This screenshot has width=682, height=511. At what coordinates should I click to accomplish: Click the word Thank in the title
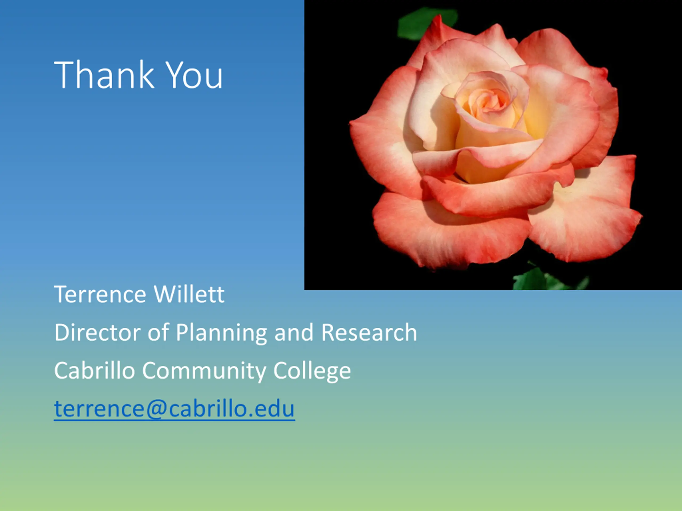point(104,75)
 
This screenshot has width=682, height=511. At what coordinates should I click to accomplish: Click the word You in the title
point(194,75)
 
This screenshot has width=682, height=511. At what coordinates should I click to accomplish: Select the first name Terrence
point(100,294)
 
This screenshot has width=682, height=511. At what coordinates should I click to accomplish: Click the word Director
point(98,332)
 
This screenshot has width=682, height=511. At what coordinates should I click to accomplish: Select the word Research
point(369,332)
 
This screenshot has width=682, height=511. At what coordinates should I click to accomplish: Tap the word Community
point(204,372)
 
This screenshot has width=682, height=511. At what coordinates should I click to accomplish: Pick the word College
point(312,372)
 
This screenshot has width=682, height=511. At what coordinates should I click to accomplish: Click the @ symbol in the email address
point(156,409)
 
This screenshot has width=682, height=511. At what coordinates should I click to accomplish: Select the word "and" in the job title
point(294,332)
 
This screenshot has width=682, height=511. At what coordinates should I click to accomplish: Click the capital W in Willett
point(166,294)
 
